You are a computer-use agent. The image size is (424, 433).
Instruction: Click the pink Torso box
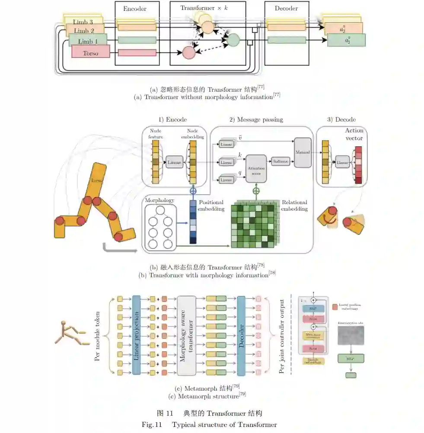pos(90,53)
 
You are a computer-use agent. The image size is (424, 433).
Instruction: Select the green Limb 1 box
pos(88,41)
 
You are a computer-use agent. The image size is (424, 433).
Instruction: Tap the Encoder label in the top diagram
pos(135,8)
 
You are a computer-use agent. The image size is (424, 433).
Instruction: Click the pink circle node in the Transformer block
pos(189,53)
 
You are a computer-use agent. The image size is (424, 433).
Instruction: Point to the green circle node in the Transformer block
pos(233,40)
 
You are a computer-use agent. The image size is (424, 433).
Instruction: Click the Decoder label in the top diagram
pos(286,8)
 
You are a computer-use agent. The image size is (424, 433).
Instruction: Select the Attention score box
pos(256,168)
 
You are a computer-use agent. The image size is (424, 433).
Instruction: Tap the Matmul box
pos(303,152)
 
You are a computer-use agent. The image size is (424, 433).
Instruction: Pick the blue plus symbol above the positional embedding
pos(193,190)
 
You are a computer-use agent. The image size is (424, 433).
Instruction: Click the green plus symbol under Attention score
pos(256,191)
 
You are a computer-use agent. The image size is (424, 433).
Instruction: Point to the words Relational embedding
pos(294,205)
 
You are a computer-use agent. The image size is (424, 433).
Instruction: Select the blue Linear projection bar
pos(137,335)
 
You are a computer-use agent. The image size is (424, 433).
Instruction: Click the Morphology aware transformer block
pos(187,335)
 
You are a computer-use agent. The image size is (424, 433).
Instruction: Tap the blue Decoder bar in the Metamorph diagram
pos(241,335)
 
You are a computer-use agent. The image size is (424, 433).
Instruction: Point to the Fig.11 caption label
pos(151,424)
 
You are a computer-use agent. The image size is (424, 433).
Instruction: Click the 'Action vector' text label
pos(354,134)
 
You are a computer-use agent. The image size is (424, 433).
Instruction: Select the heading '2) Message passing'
pos(256,119)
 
